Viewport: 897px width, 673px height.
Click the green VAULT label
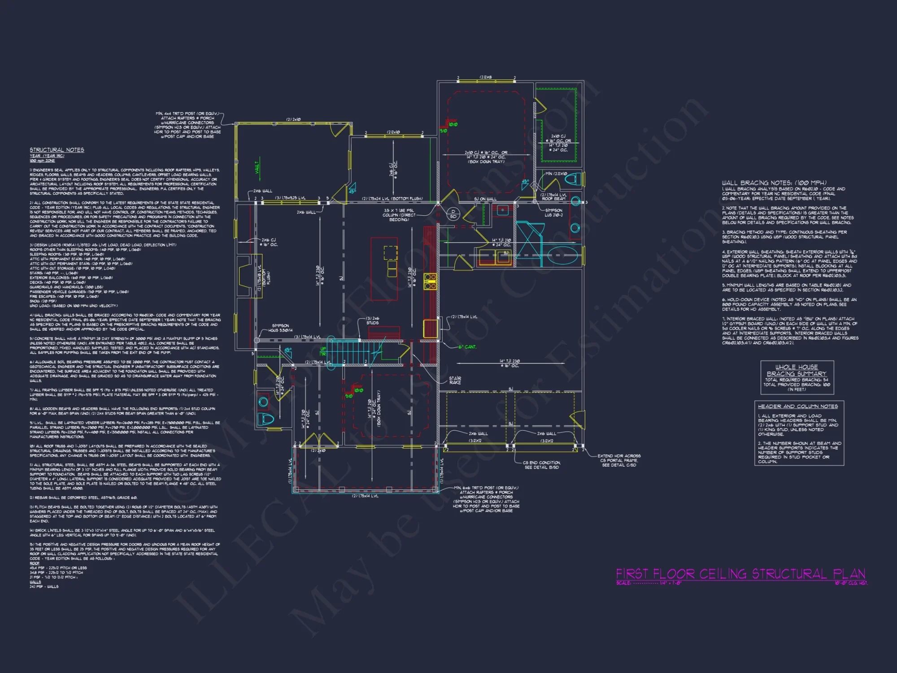coord(257,167)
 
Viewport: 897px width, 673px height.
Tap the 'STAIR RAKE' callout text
coord(455,380)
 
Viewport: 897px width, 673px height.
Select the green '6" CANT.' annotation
coord(467,347)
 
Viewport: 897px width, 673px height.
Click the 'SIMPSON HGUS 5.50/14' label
coord(280,328)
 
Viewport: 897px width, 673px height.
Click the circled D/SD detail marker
coord(453,214)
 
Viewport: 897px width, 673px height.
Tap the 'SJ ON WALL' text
coord(485,199)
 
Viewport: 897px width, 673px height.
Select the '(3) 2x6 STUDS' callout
coord(372,320)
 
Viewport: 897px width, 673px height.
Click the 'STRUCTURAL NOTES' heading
coord(57,150)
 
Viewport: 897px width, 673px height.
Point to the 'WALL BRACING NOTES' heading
coord(774,183)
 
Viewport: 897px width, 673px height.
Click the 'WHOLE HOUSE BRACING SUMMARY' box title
coord(797,370)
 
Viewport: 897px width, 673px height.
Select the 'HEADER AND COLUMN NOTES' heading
coord(797,406)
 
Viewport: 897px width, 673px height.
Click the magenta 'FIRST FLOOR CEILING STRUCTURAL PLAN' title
coord(740,574)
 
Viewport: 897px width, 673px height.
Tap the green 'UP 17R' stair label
coord(323,351)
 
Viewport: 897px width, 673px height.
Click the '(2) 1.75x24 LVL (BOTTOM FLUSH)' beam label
coord(392,198)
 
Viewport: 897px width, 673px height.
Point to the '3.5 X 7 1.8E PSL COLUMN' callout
coord(399,215)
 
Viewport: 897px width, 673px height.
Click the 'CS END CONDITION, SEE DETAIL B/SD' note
coord(541,465)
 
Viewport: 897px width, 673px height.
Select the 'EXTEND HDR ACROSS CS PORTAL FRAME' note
coord(619,460)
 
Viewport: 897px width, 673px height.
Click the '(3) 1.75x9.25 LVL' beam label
coord(290,198)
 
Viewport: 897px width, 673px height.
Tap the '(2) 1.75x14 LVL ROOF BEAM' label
coord(553,197)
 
